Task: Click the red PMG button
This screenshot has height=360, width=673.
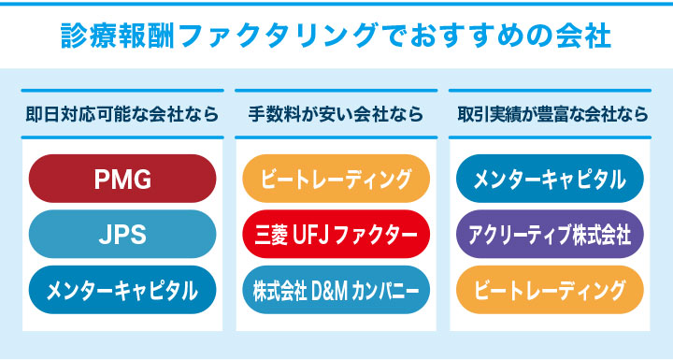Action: coord(122,178)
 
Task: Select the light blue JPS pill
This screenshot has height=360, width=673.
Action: coord(122,234)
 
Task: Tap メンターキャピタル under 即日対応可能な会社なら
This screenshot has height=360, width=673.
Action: coord(122,290)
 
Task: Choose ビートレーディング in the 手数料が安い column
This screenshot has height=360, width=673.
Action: coord(336,178)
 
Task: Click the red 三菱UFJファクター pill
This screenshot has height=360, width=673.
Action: coord(336,234)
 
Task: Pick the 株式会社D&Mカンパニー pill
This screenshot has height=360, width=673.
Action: coord(336,290)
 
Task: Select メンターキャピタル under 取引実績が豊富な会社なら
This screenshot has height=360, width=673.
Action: coord(551,178)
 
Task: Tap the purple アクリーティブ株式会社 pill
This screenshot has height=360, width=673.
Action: coord(551,234)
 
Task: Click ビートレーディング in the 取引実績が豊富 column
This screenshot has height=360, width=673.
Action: coord(551,290)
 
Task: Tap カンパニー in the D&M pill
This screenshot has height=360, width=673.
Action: coord(384,290)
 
